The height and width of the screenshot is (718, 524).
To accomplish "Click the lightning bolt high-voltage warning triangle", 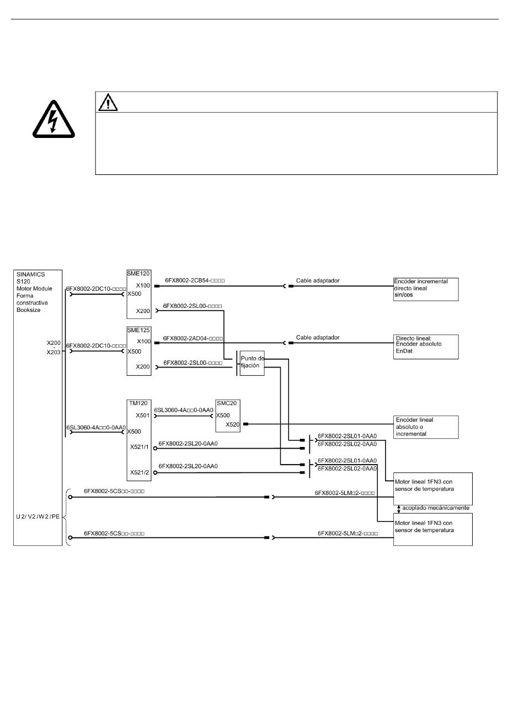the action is [x=54, y=119].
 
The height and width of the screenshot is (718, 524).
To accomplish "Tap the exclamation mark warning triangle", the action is [x=108, y=102].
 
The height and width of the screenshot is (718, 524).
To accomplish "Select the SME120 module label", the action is [x=138, y=273].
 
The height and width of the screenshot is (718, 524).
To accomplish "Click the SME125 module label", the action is [x=138, y=330].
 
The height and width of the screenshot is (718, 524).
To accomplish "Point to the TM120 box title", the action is [x=138, y=403].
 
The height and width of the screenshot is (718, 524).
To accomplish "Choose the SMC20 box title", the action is [x=227, y=403].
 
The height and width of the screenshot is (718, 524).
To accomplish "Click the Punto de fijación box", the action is [x=252, y=363].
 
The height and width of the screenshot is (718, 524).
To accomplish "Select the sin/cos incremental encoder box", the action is [x=426, y=289].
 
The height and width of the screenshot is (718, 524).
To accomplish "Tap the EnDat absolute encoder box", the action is [x=426, y=347].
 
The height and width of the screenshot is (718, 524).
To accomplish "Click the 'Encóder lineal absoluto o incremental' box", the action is [x=426, y=427].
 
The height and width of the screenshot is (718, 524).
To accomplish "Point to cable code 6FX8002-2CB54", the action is [x=195, y=280].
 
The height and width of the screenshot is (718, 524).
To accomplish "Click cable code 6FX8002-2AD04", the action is [x=193, y=338].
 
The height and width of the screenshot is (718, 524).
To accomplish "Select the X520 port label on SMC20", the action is [x=233, y=425].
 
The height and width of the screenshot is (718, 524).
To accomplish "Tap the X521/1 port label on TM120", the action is [x=140, y=447].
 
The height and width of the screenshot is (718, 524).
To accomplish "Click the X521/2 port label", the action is [x=140, y=472].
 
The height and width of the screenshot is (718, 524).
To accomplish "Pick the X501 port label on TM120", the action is [x=142, y=416].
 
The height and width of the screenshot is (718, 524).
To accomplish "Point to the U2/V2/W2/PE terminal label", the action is [x=38, y=517].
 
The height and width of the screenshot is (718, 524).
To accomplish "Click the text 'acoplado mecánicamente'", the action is [x=436, y=508].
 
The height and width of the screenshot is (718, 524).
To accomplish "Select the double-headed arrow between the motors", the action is [x=399, y=509].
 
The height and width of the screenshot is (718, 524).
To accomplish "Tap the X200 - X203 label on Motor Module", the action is [x=54, y=348].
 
